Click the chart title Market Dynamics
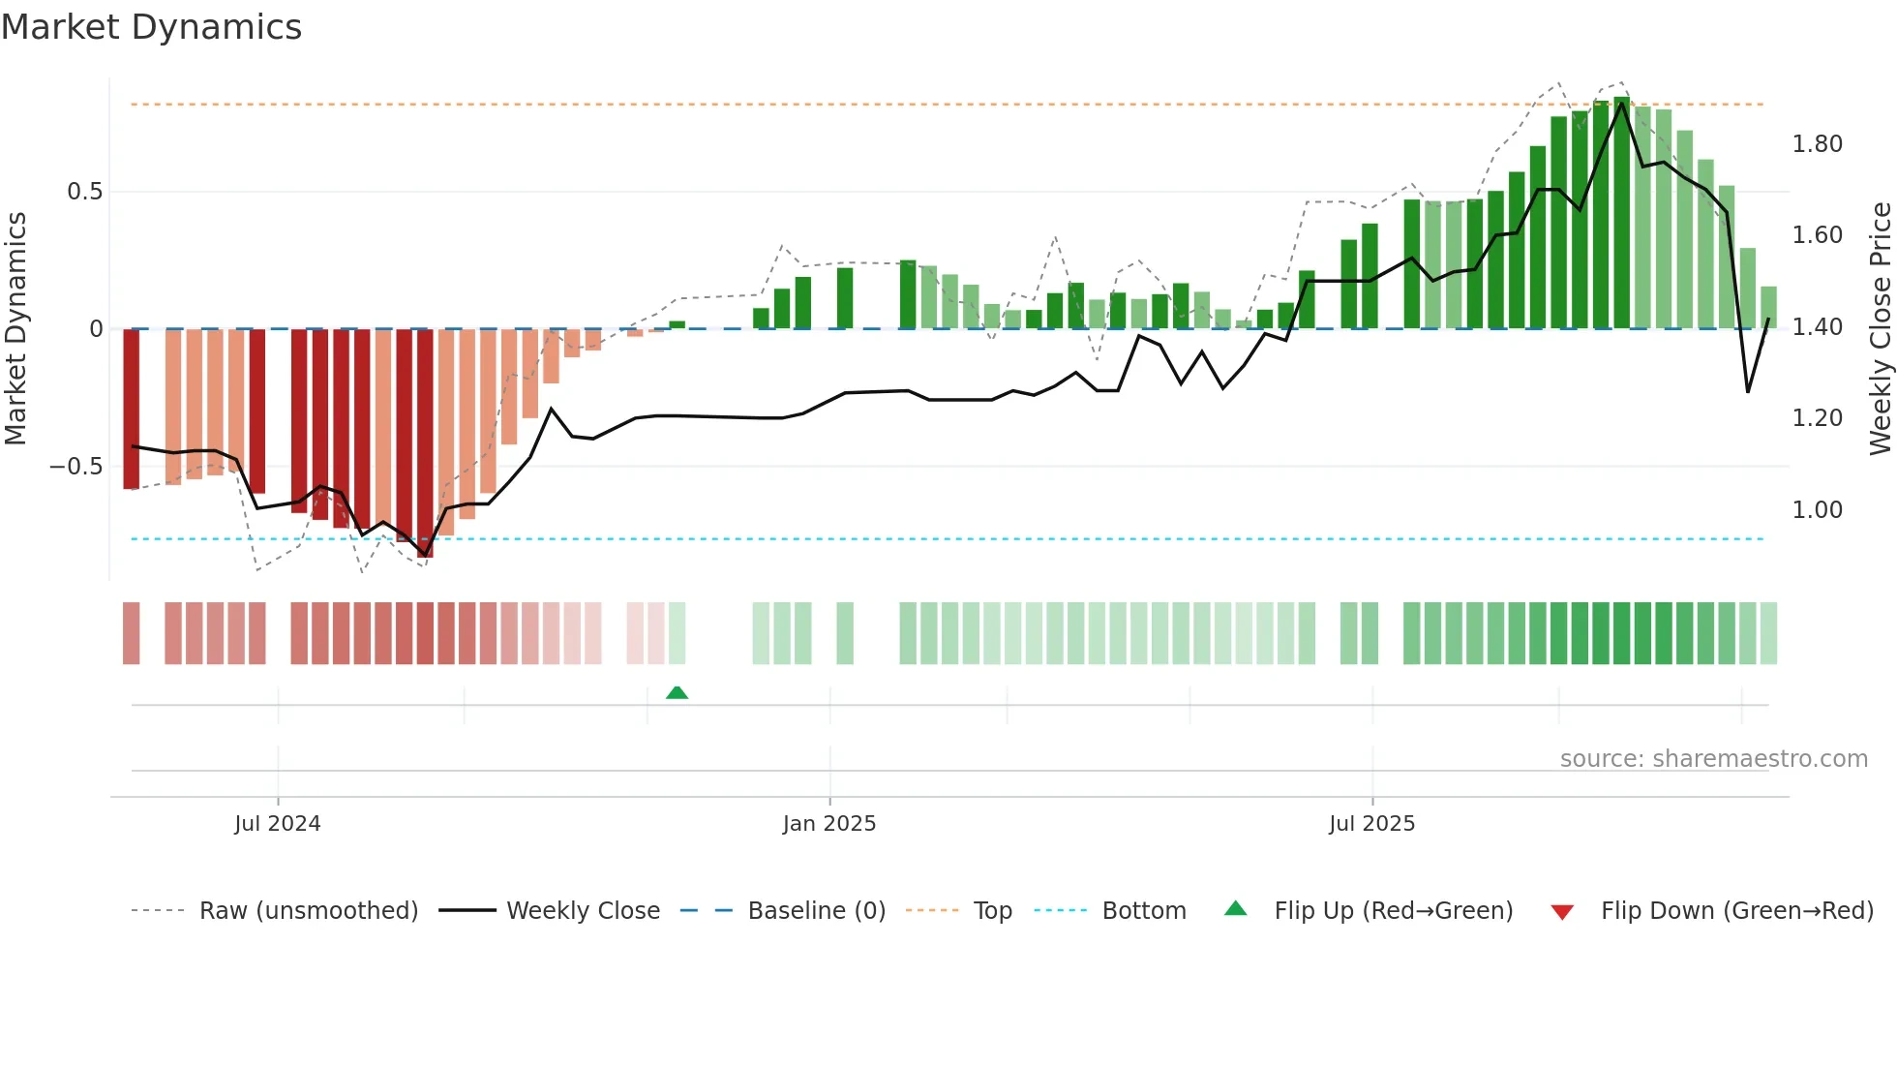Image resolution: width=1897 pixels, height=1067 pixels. [151, 27]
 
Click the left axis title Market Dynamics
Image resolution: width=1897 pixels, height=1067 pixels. [15, 329]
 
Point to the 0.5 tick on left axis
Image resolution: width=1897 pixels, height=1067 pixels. [85, 192]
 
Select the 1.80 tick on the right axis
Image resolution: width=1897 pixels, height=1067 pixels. [1817, 144]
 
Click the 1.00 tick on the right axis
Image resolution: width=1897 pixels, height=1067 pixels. [1817, 510]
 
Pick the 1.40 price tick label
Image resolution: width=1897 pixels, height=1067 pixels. [1817, 327]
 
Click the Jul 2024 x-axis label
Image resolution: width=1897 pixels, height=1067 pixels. [277, 824]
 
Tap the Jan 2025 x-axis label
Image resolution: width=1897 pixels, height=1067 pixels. [829, 824]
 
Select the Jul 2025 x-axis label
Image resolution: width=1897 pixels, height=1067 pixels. [1371, 824]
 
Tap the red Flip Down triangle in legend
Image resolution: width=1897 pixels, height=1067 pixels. [1562, 912]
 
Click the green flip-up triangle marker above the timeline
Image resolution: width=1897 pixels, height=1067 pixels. [677, 692]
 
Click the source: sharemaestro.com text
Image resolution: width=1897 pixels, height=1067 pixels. [1713, 759]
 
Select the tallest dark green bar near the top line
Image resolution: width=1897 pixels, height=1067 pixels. [1622, 213]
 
